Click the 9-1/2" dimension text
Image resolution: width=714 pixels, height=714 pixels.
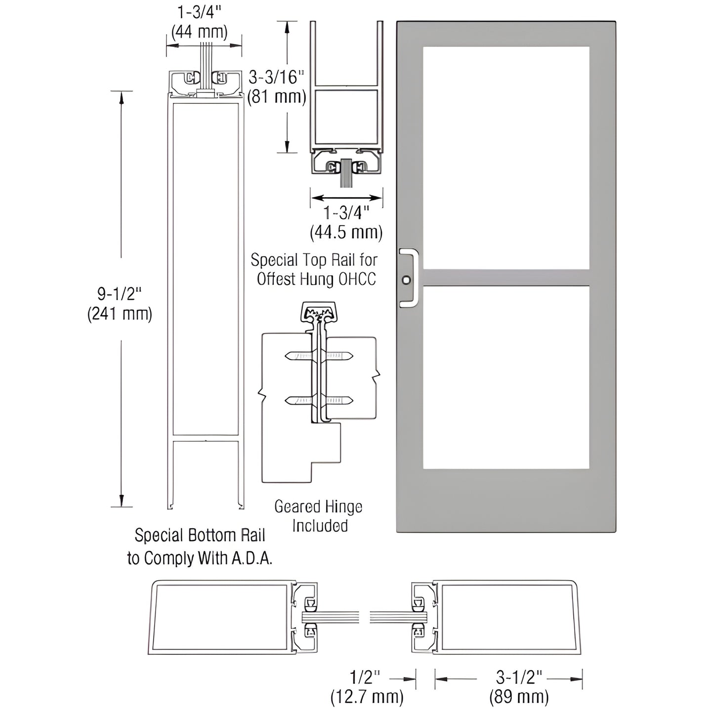click(x=120, y=294)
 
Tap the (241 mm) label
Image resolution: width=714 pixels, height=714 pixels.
click(x=120, y=314)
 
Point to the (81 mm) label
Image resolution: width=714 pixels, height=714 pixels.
click(x=277, y=96)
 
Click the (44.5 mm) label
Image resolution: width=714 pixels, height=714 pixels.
click(x=346, y=232)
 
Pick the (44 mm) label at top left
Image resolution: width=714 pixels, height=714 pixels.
click(x=199, y=32)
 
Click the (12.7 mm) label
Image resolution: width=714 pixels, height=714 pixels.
click(x=367, y=697)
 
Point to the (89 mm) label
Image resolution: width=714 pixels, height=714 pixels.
click(x=519, y=697)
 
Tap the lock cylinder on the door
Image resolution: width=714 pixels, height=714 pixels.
click(x=406, y=280)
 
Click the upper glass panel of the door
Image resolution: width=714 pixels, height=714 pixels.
click(x=506, y=158)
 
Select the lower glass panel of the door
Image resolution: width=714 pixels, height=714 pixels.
click(x=506, y=377)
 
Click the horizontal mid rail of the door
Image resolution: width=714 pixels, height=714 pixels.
click(x=506, y=277)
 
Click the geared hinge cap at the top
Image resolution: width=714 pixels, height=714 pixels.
click(x=319, y=312)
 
